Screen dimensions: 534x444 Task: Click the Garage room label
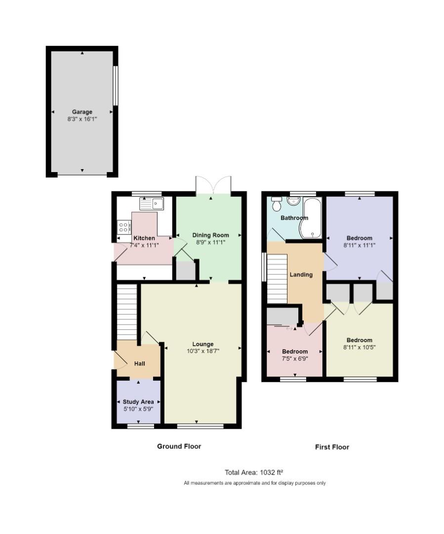(82, 112)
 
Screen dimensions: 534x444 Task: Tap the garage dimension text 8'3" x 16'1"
(82, 119)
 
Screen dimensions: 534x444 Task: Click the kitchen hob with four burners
(124, 227)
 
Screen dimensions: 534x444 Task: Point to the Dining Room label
(211, 235)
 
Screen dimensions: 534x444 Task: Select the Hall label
(140, 364)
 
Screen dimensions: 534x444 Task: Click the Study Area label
(138, 402)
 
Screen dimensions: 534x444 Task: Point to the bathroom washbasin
(293, 200)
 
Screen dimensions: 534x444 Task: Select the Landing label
(301, 274)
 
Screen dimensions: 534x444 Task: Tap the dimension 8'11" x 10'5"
(359, 347)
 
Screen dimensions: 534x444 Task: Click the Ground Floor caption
(179, 446)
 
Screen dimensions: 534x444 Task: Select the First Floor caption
(332, 447)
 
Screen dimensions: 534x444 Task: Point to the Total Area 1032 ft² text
(253, 472)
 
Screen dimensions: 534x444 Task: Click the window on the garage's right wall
(115, 86)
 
